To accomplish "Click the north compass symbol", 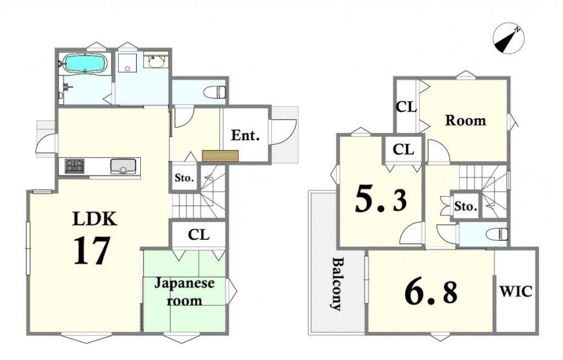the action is click(x=509, y=39).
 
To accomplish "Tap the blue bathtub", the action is click(x=84, y=64).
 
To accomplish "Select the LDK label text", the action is click(x=95, y=219).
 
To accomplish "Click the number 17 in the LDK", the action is click(x=92, y=251).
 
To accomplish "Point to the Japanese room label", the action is click(x=184, y=292).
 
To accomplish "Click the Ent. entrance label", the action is click(x=245, y=135).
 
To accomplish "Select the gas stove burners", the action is click(x=75, y=166).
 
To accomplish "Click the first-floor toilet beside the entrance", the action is click(x=215, y=92).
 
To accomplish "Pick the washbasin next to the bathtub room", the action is click(x=156, y=61).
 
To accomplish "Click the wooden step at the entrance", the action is click(x=220, y=156).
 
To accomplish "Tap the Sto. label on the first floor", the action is click(x=184, y=177).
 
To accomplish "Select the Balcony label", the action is click(x=337, y=283).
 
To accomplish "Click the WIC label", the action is click(x=516, y=291).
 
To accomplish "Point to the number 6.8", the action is click(x=431, y=292).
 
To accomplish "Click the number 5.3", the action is click(x=381, y=200).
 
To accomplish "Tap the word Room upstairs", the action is click(x=466, y=120).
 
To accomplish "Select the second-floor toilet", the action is click(x=497, y=234).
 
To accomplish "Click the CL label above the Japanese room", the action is click(x=199, y=235).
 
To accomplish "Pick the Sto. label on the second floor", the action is click(x=466, y=207).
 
